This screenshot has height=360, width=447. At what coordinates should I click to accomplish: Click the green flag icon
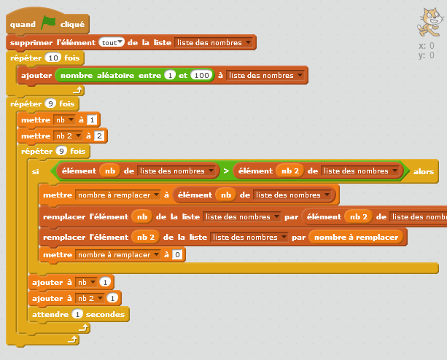[49, 23]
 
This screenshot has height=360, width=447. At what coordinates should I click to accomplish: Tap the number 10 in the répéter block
[53, 58]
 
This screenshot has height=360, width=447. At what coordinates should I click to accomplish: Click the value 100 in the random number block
[201, 75]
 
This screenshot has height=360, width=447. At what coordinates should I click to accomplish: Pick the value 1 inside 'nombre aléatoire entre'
[169, 75]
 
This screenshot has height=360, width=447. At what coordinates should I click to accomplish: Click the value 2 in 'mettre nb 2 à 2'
[99, 136]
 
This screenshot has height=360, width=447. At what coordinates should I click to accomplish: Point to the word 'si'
[35, 172]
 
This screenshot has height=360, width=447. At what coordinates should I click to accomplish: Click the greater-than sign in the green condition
[226, 171]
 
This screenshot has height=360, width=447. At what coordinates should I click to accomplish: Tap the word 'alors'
[423, 172]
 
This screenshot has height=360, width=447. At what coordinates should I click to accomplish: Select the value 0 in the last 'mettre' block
[177, 254]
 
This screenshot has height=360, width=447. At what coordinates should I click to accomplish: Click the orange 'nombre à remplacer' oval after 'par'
[356, 238]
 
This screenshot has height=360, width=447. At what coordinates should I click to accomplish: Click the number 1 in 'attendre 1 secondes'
[77, 314]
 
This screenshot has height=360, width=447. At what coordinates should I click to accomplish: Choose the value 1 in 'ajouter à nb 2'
[112, 297]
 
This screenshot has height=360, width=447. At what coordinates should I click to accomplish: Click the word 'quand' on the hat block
[23, 25]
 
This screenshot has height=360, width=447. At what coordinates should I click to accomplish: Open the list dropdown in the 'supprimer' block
[215, 42]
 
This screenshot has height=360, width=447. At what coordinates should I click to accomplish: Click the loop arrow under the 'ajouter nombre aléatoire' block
[75, 91]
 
